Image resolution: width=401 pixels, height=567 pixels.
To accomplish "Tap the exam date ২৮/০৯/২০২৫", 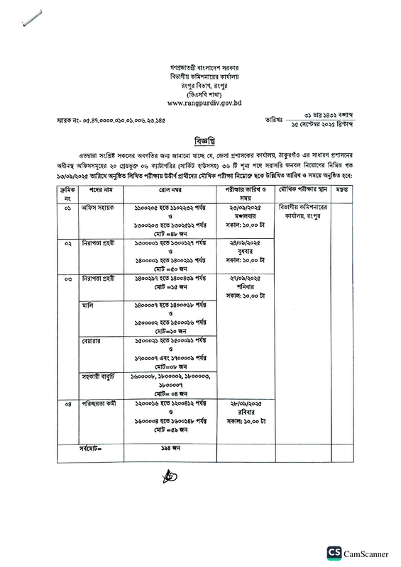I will point(244,404).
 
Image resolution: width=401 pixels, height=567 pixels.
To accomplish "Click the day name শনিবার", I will point(244,288).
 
